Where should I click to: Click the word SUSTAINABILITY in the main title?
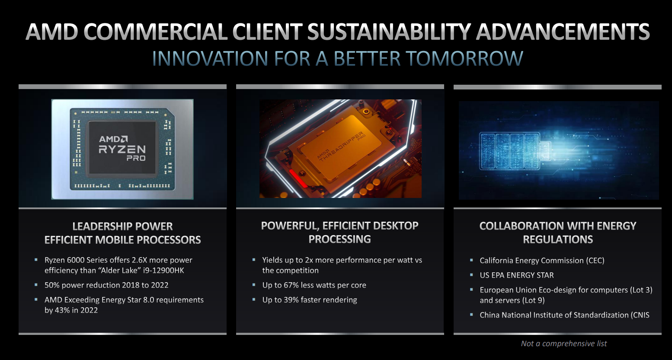click(389, 32)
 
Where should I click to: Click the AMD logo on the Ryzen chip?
click(113, 139)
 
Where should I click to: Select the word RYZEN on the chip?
click(122, 149)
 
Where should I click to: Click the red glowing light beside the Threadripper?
click(298, 178)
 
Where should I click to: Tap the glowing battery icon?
click(515, 151)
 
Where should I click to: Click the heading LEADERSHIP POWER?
click(122, 226)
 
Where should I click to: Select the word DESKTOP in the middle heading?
click(396, 226)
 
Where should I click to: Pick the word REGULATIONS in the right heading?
click(558, 239)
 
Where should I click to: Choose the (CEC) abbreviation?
click(595, 261)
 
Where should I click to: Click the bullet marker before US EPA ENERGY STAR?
click(471, 274)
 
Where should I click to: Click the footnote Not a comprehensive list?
click(564, 344)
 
